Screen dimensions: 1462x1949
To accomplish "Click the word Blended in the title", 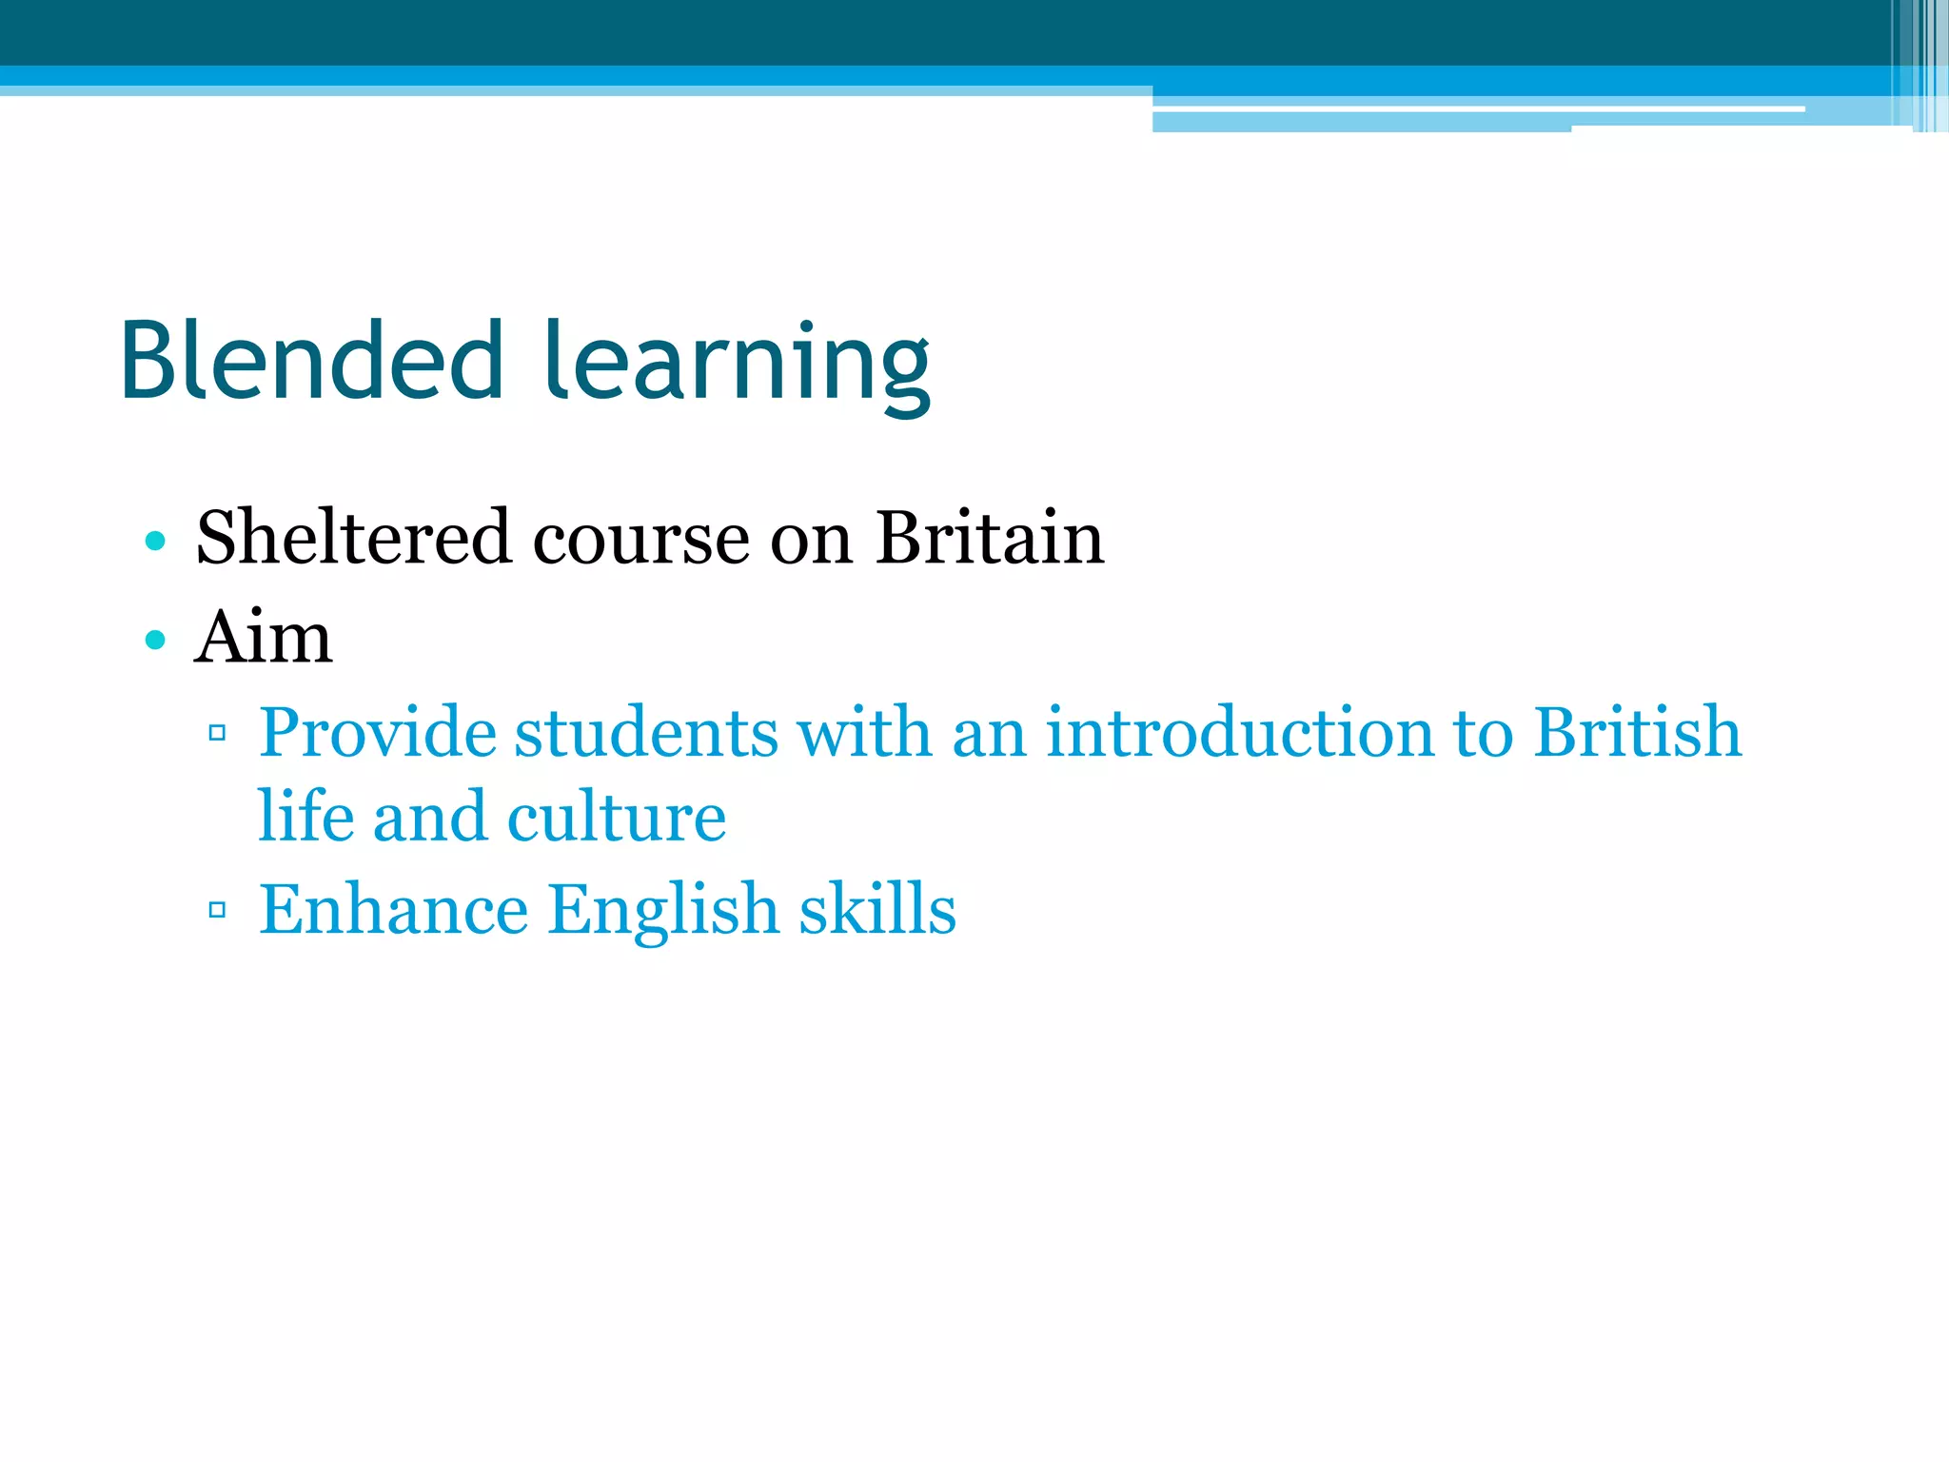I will pos(311,361).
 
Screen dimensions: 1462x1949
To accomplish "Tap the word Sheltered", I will pos(353,538).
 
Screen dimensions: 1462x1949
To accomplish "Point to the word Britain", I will pos(989,538).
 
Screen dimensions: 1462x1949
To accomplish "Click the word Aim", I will pos(264,637).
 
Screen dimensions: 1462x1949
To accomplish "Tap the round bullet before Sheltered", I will pos(155,542).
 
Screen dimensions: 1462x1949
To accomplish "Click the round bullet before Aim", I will pos(155,640).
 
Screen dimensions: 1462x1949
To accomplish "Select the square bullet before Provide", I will pos(217,732).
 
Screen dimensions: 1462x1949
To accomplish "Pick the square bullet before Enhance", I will pos(217,909).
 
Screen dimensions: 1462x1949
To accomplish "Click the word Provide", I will pos(378,732).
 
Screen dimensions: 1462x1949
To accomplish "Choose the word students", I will pos(646,732).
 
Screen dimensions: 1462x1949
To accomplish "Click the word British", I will pos(1637,732).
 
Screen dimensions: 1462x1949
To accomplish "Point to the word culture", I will pos(617,817).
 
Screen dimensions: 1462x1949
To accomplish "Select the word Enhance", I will pos(393,909).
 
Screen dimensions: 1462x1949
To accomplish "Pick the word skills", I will pos(877,909).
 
